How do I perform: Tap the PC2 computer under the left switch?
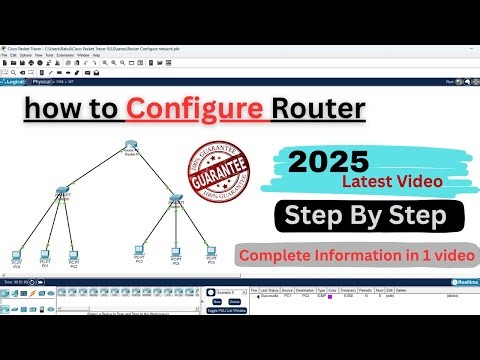74,256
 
